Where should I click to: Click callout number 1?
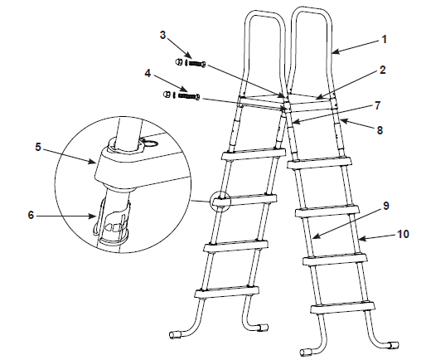click(x=385, y=39)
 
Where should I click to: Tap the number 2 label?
click(x=382, y=70)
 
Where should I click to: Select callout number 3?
click(x=163, y=35)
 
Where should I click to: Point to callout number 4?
click(x=148, y=73)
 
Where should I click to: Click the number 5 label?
click(x=38, y=147)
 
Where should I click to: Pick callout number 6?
click(x=31, y=215)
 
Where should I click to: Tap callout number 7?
click(x=377, y=105)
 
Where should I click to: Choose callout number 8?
click(x=380, y=130)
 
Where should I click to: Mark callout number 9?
click(x=385, y=206)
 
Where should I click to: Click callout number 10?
click(x=403, y=234)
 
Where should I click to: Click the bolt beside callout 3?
click(x=197, y=64)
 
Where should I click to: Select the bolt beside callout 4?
click(x=189, y=96)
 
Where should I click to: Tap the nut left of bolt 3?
click(x=179, y=62)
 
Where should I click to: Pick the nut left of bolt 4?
click(x=167, y=95)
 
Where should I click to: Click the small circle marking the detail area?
click(x=220, y=201)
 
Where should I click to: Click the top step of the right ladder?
click(x=320, y=163)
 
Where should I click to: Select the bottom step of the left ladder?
click(x=227, y=292)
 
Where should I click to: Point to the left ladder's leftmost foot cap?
click(x=174, y=334)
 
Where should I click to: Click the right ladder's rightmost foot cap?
click(x=394, y=345)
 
